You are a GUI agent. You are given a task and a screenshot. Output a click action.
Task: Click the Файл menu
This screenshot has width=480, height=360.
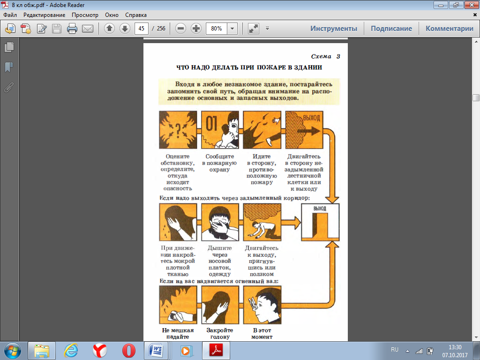pos(10,15)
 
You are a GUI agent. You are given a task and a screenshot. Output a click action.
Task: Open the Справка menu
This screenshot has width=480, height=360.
pos(135,15)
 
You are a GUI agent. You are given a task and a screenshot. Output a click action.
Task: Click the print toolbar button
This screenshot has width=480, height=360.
pos(72,29)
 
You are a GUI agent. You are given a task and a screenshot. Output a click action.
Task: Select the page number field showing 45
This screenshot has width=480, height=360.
pos(142,29)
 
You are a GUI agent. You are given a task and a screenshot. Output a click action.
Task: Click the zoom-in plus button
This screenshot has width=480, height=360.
pos(196,29)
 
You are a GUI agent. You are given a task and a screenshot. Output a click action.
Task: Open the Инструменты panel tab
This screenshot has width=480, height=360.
pos(334,29)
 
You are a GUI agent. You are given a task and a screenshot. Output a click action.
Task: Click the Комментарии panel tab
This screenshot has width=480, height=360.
pos(450,29)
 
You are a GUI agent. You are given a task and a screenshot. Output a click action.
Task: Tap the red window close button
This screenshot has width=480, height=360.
pos(472,5)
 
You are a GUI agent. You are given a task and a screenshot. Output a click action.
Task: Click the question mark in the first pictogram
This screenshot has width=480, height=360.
pos(178,129)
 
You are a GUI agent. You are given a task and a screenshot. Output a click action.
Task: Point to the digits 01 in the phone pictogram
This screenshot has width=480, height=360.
pos(211,124)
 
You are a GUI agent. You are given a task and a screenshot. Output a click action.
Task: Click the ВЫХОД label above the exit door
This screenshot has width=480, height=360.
pos(320,209)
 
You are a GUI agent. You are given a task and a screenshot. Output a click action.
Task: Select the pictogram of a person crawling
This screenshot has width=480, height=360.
pos(262,222)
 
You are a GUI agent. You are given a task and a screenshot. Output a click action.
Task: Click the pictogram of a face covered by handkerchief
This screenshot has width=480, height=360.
pos(220,222)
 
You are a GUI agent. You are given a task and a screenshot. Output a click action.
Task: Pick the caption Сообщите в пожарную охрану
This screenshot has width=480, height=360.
pos(219,163)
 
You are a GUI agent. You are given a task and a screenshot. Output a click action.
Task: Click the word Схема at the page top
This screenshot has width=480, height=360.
pos(321,56)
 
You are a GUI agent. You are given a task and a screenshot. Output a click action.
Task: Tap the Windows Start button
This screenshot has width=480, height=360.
pos(13,351)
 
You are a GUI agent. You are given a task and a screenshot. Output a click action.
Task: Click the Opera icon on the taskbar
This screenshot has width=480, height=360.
pos(129,351)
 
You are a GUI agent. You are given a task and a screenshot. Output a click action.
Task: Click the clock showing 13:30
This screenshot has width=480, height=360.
pos(455,347)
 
